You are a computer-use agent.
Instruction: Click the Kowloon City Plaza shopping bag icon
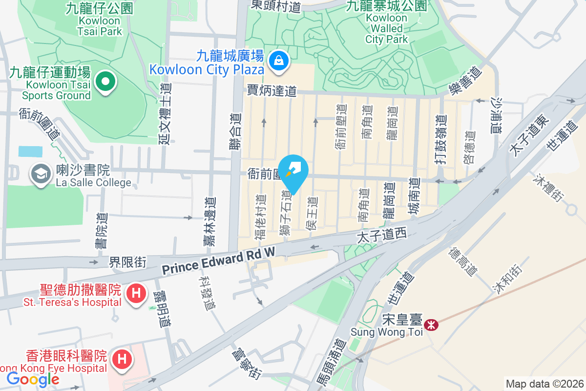(x=278, y=61)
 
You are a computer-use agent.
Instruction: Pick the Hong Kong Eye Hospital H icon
(x=122, y=360)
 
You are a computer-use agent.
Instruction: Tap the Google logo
(x=33, y=379)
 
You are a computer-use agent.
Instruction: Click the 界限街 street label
(x=127, y=262)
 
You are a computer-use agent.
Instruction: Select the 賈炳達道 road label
(x=272, y=90)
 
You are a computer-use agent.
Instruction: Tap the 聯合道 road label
(x=236, y=134)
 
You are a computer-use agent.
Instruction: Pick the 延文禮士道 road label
(x=164, y=113)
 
